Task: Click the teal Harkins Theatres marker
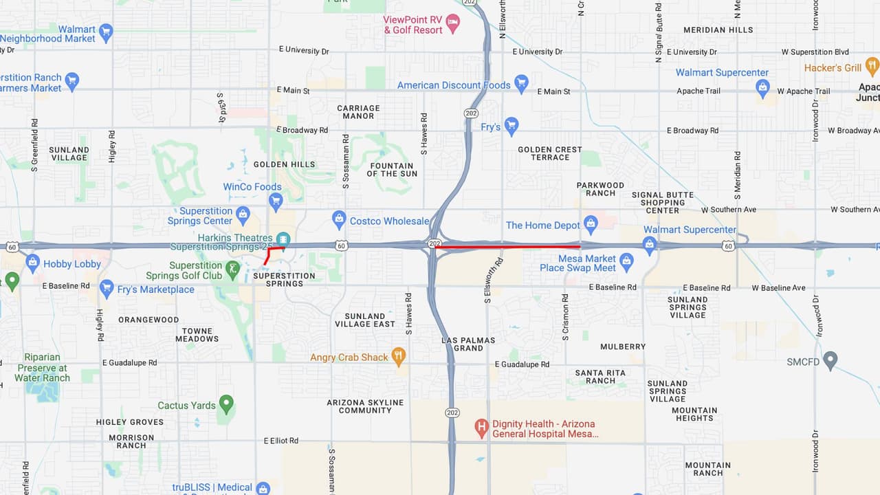click(282, 238)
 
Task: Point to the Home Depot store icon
click(590, 223)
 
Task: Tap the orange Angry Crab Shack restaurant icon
click(398, 355)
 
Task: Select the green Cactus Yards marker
click(225, 404)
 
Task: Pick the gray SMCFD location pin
click(830, 360)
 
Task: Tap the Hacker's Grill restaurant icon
click(872, 66)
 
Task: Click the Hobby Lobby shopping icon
click(32, 262)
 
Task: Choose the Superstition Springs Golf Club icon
click(234, 268)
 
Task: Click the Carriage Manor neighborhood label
click(358, 112)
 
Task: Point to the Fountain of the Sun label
click(391, 170)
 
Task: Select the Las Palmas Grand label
click(468, 344)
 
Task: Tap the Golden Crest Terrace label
click(549, 153)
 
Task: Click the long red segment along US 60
click(509, 246)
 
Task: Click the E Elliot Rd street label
click(281, 441)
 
